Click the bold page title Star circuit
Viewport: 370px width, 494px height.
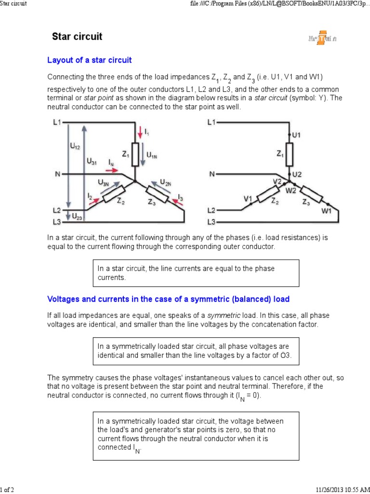point(77,37)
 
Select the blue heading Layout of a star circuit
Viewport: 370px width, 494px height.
point(89,60)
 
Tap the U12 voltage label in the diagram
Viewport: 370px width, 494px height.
point(75,147)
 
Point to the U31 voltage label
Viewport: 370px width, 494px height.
point(92,163)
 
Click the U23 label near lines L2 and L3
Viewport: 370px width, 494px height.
point(77,217)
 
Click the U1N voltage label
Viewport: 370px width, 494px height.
point(152,155)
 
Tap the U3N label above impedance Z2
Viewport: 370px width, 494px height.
point(104,182)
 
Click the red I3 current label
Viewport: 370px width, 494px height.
point(180,198)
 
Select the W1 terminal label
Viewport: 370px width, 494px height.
point(327,211)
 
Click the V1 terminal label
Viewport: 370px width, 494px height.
point(249,198)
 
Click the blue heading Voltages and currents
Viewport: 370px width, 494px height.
point(168,299)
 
